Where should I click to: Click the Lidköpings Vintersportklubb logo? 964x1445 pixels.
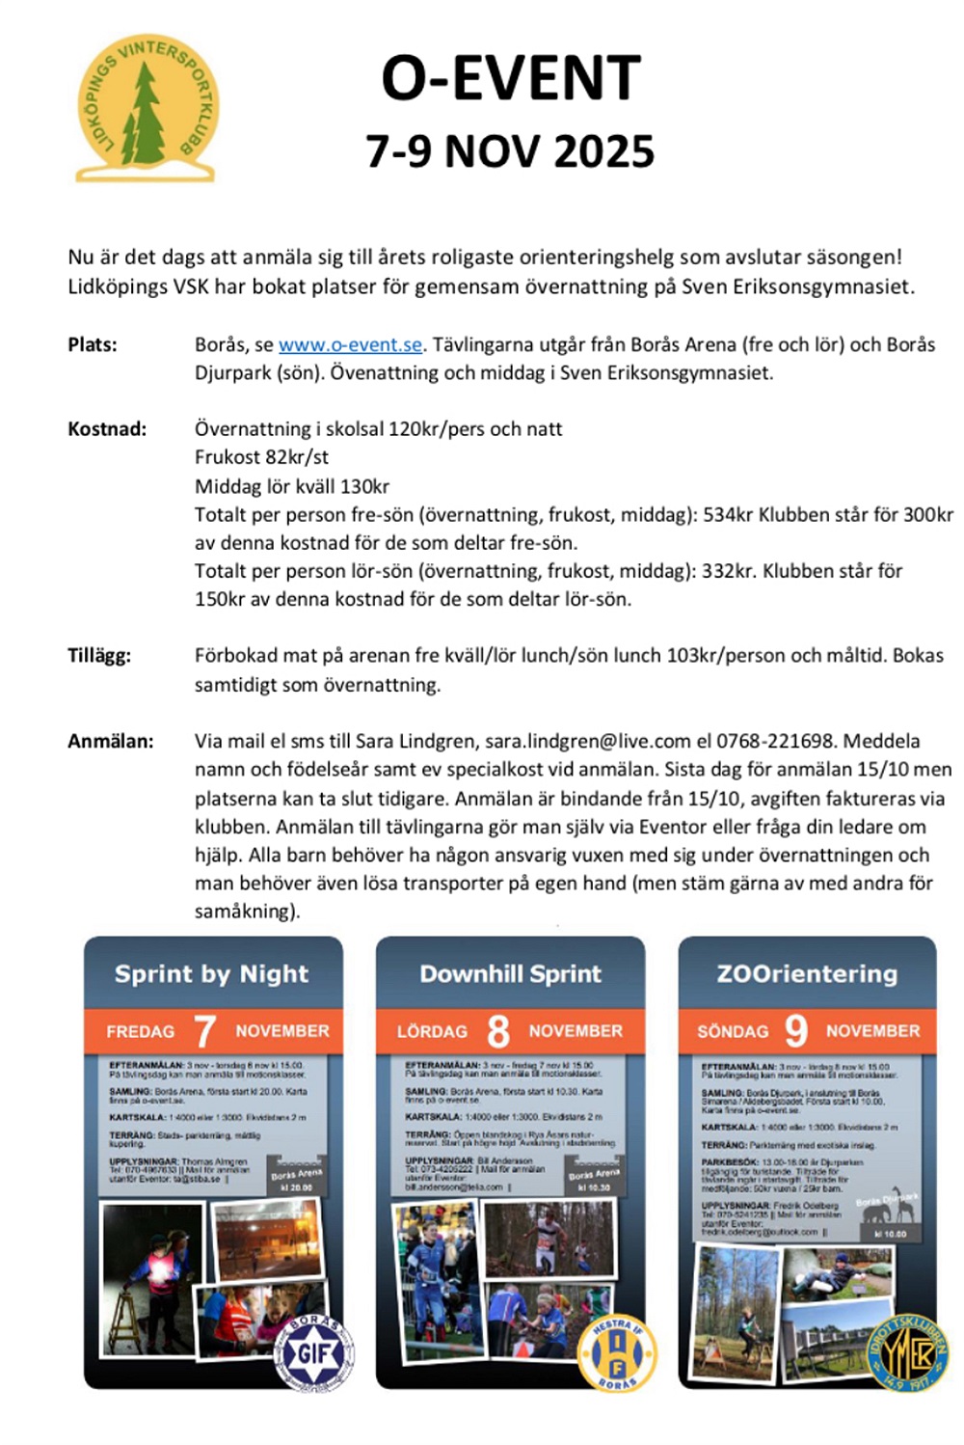(147, 108)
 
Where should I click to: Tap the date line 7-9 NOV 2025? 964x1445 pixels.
(510, 151)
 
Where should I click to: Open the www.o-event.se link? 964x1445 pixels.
(350, 344)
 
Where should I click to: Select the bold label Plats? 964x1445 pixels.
(93, 344)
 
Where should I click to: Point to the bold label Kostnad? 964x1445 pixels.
(107, 429)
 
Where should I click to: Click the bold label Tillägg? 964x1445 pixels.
(99, 655)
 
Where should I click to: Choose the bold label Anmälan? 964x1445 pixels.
(111, 741)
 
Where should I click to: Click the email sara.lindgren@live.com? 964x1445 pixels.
(587, 741)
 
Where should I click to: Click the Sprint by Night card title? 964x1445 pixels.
(212, 974)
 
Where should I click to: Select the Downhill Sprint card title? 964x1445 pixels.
(510, 974)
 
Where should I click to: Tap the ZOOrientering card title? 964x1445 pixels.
(807, 974)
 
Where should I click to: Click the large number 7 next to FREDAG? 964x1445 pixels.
(204, 1031)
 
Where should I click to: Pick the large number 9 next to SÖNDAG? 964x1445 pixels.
(796, 1030)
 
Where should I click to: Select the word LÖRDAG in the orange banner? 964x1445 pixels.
(432, 1031)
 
